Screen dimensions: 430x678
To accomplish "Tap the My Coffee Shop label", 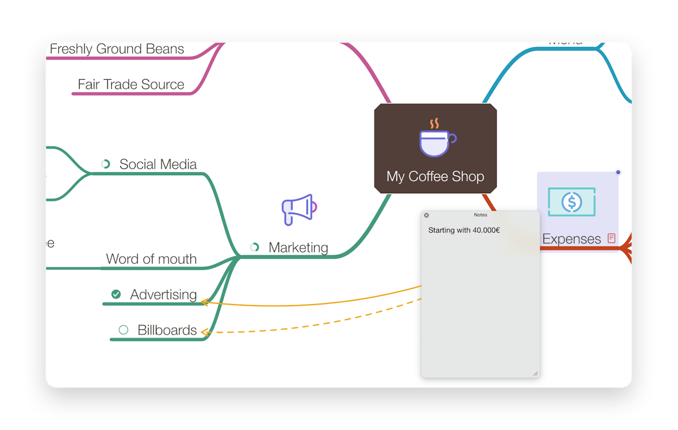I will click(x=435, y=176).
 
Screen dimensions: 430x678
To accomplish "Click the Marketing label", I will click(x=298, y=247).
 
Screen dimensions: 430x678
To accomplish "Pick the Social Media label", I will click(x=158, y=164).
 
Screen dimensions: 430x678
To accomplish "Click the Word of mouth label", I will click(x=151, y=259).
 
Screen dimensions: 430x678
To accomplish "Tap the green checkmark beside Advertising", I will click(x=116, y=294).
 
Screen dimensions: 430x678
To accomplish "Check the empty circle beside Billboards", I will click(x=123, y=330).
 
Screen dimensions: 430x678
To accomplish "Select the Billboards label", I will click(x=167, y=330).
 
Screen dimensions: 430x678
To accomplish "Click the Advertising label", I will click(x=163, y=294).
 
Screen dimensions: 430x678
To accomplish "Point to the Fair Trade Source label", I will click(x=131, y=84).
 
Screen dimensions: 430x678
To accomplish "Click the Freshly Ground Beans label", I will click(x=117, y=49).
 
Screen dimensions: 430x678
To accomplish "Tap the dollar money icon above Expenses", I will click(x=572, y=201).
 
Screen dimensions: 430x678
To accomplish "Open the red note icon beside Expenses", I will click(x=611, y=238).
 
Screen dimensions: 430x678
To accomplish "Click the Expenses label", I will click(x=571, y=239).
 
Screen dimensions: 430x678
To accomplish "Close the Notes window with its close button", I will click(x=427, y=215).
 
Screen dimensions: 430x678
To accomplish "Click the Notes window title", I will click(x=480, y=215).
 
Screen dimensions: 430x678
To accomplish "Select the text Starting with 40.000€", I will click(x=464, y=230).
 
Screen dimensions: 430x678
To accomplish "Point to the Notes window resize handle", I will click(x=536, y=373).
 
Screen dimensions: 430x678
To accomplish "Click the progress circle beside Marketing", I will click(x=255, y=247).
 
